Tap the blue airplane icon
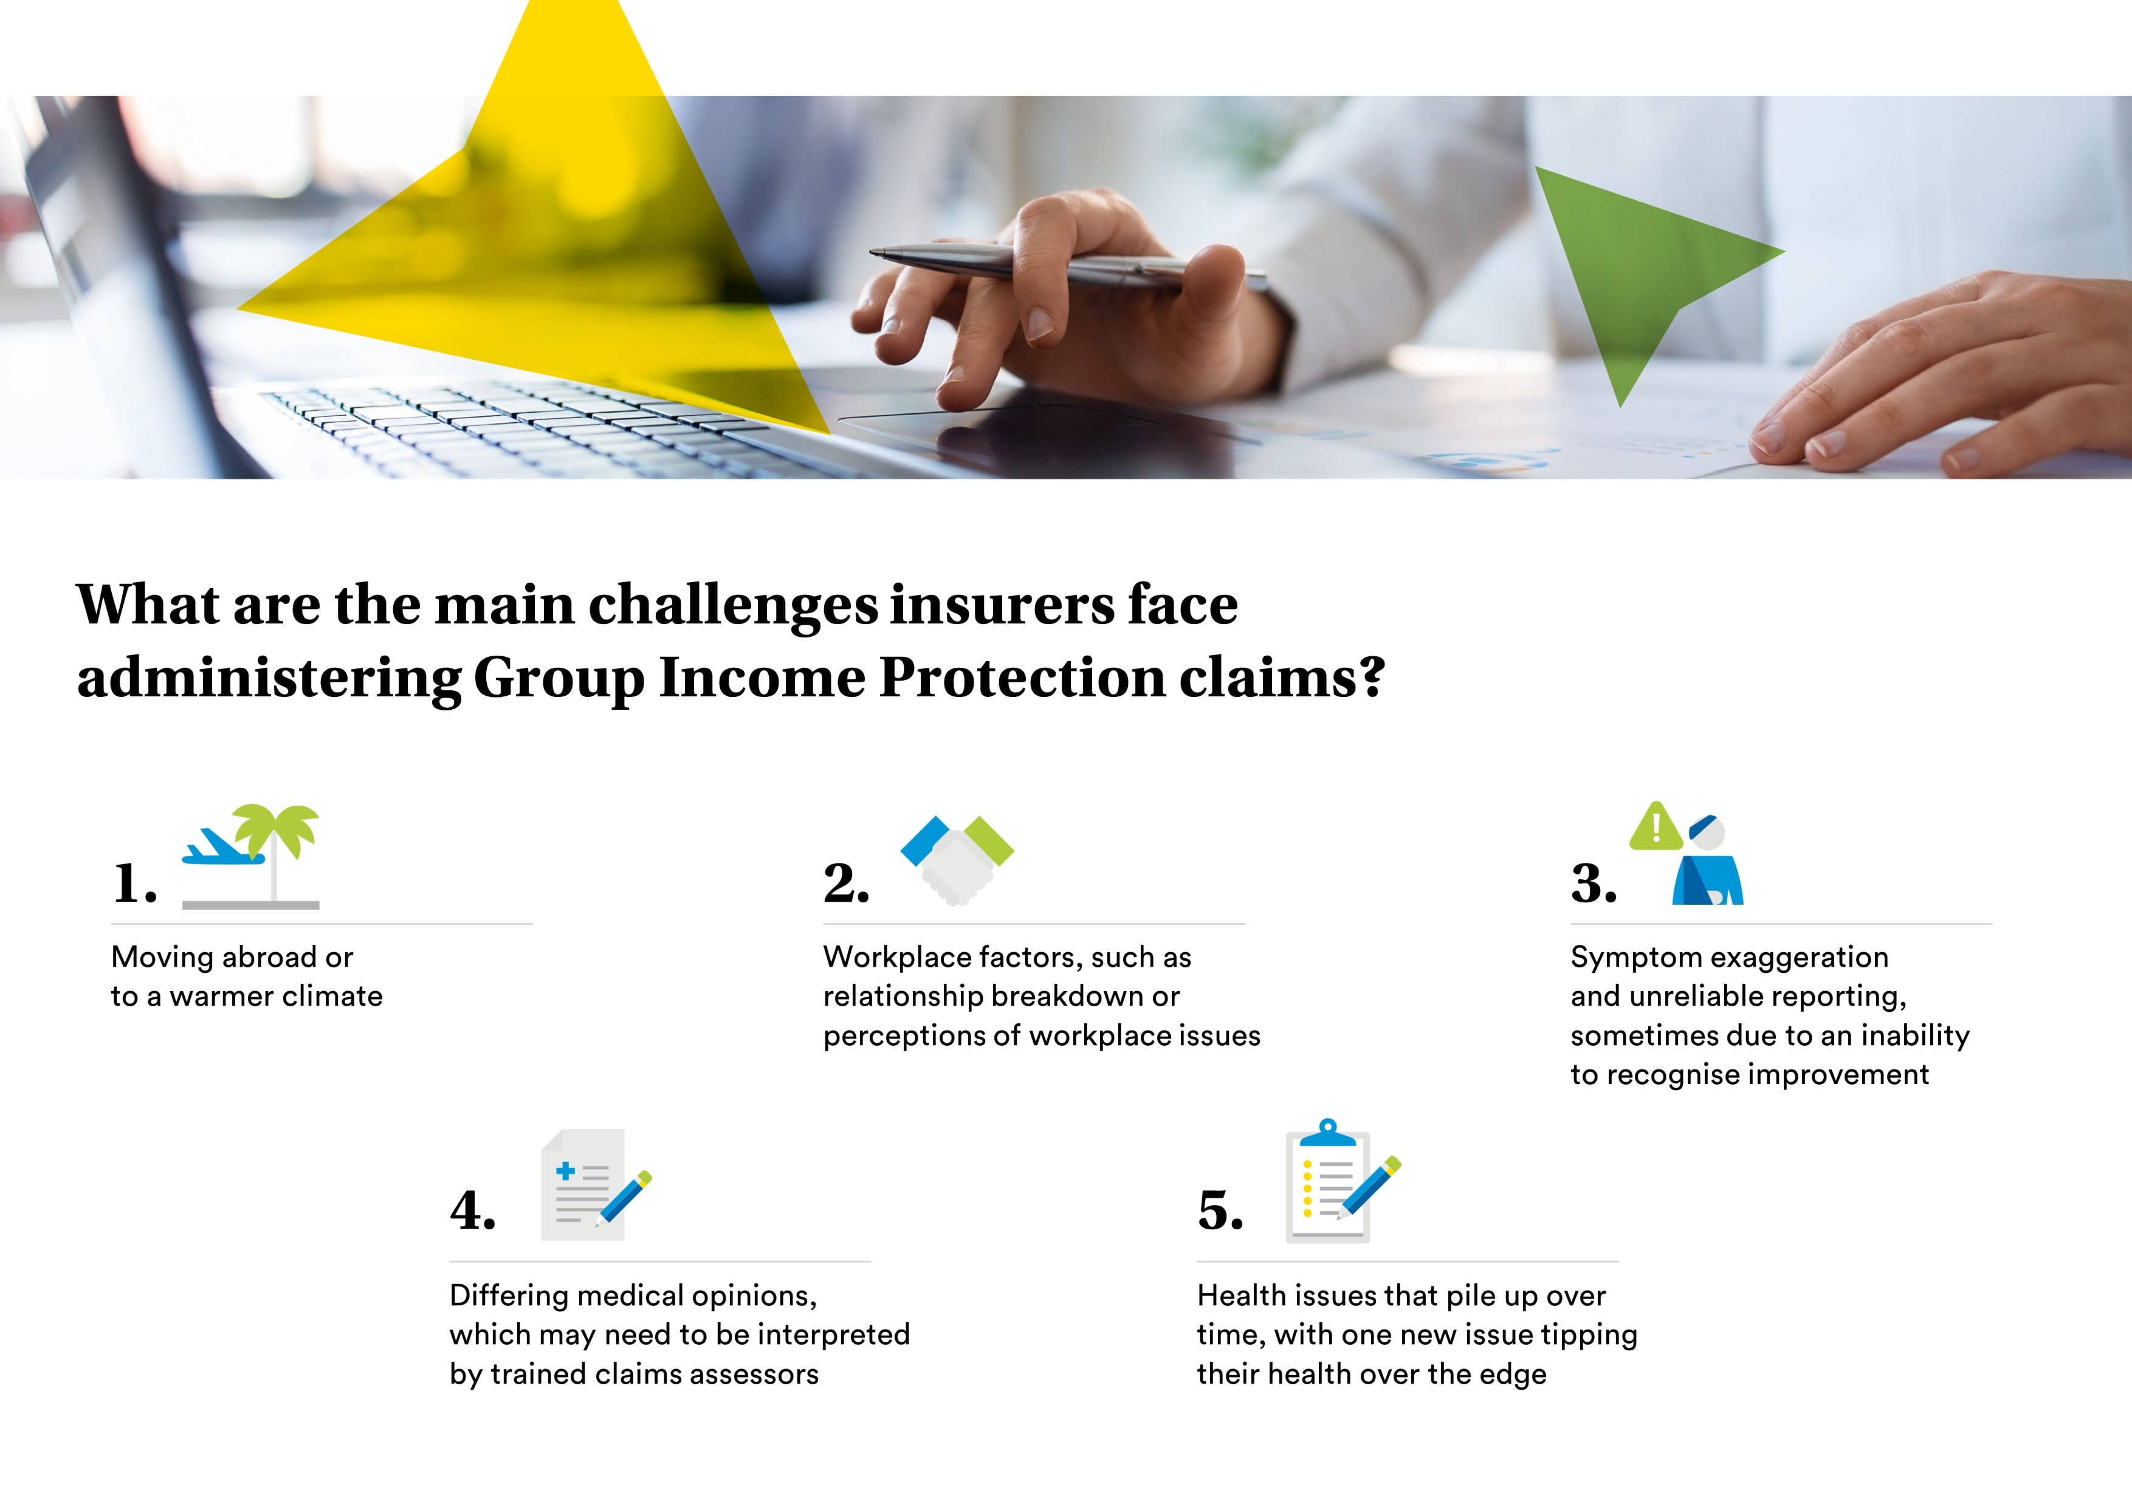[224, 845]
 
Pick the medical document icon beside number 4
[594, 1185]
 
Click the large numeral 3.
[1594, 882]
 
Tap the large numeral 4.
[473, 1210]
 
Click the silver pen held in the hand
[1068, 264]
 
